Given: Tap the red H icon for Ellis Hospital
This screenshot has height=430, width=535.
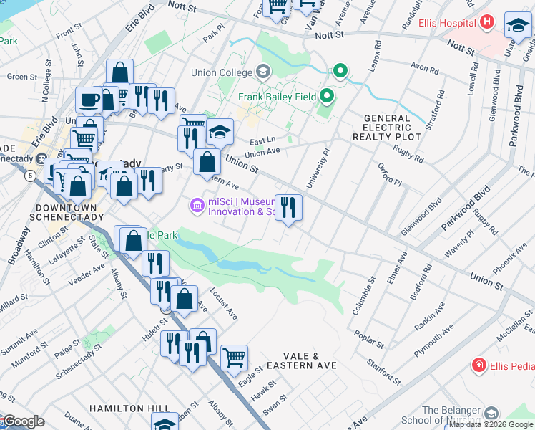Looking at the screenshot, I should coord(487,21).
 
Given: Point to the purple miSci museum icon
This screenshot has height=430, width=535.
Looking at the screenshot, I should coord(195,206).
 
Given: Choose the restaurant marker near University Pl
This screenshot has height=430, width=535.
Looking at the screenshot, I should coord(289,208).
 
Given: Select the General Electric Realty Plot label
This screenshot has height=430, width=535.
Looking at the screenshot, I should coord(387,127).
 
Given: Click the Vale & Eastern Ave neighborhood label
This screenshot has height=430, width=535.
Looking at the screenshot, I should coord(300,360).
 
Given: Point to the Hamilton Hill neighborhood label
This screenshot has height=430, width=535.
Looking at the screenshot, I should coord(129,408).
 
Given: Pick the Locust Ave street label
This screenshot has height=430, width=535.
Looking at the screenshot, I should coord(223,304).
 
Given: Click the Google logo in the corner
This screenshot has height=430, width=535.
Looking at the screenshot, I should coord(23,421).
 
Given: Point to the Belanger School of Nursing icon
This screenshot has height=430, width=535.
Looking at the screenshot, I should coord(491,414).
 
